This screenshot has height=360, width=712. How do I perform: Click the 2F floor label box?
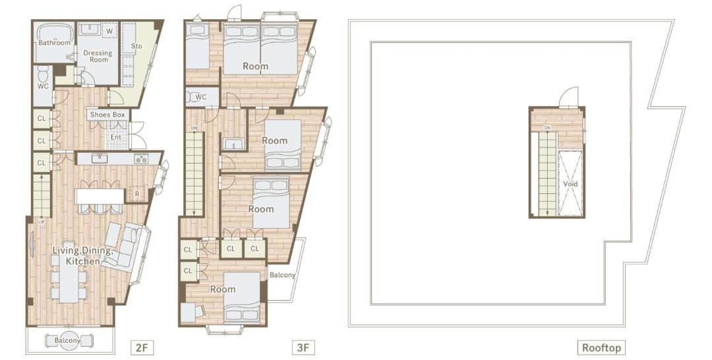141,347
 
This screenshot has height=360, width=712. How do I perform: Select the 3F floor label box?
303,347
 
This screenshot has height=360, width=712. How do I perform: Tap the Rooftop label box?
601,347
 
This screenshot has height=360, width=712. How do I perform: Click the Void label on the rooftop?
570,184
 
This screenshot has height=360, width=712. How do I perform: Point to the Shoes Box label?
107,115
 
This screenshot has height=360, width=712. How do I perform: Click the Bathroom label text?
55,43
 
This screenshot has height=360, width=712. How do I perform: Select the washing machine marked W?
109,30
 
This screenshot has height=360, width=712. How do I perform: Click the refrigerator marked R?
136,195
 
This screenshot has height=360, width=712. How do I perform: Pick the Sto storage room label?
136,46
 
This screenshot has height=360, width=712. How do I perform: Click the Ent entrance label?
116,137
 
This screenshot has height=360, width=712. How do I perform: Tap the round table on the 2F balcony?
68,340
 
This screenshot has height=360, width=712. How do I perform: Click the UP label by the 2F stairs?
42,222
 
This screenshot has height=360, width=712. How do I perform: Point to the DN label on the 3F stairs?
194,129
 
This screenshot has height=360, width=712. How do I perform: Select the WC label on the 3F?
200,97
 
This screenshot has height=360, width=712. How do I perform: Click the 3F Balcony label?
282,275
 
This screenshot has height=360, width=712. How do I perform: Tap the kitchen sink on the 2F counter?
98,158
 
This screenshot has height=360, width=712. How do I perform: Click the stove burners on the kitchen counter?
141,158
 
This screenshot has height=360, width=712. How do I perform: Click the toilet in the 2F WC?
43,73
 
